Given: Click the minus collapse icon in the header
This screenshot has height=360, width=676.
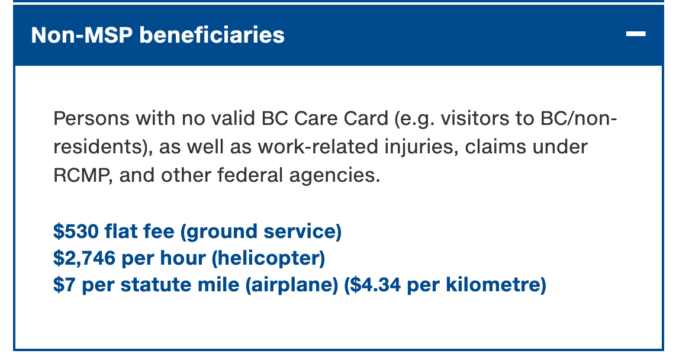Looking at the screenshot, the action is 636,34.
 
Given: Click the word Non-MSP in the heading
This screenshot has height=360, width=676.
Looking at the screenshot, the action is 82,34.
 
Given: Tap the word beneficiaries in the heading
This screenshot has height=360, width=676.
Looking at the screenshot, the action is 212,34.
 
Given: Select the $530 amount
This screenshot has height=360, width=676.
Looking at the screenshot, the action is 76,231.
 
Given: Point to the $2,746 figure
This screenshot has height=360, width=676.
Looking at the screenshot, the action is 84,258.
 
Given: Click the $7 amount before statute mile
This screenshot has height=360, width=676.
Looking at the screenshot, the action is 65,285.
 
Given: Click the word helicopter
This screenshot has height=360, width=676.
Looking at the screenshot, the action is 268,258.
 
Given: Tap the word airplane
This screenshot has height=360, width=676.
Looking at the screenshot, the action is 292,285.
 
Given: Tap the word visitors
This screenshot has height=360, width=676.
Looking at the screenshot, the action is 475,118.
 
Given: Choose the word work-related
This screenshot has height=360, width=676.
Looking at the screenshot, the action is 317,147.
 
